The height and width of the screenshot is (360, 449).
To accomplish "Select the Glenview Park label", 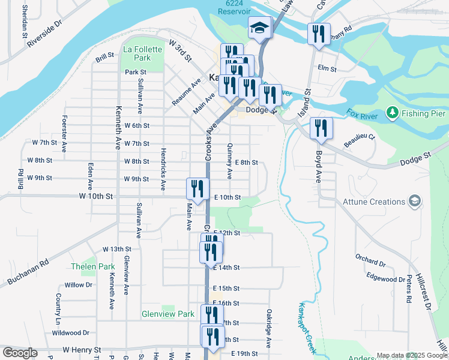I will (x=168, y=314).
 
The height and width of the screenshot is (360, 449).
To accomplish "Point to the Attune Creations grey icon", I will (x=414, y=200).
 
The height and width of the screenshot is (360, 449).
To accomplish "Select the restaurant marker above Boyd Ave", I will (x=321, y=129).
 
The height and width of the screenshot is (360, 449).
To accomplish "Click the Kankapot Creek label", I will (x=307, y=326).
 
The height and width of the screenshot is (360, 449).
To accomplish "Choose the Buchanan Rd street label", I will (x=28, y=272).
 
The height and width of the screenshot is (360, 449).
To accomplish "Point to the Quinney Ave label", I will (x=229, y=161).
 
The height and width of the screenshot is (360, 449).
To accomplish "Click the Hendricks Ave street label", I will (x=163, y=171).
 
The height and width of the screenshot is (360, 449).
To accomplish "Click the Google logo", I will (x=20, y=353).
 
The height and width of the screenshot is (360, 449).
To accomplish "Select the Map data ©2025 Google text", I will (x=411, y=355).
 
